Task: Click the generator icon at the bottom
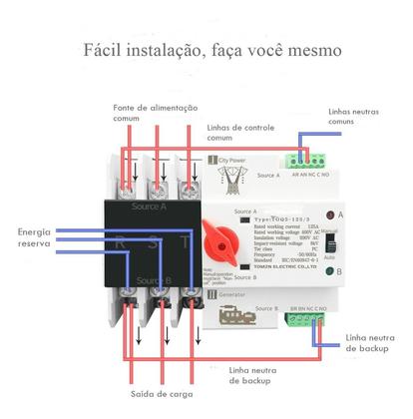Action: click(x=231, y=310)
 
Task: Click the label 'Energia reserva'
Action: click(x=34, y=237)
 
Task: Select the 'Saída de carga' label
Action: click(x=159, y=395)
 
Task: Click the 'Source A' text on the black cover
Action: click(x=150, y=205)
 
